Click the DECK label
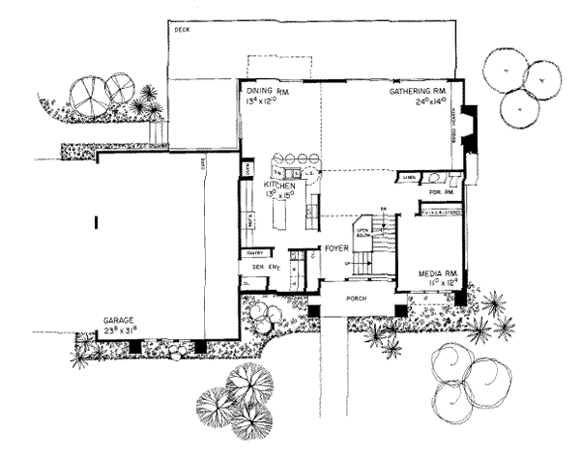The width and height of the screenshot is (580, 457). pyautogui.click(x=181, y=31)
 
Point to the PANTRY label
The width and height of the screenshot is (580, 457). pyautogui.click(x=256, y=253)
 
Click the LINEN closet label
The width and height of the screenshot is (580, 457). pyautogui.click(x=410, y=179)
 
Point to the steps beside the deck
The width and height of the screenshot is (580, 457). pyautogui.click(x=154, y=127)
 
